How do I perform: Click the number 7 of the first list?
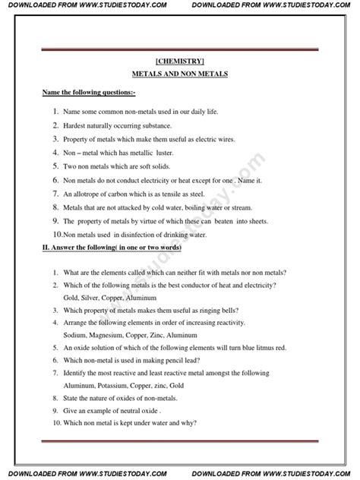coord(55,194)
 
